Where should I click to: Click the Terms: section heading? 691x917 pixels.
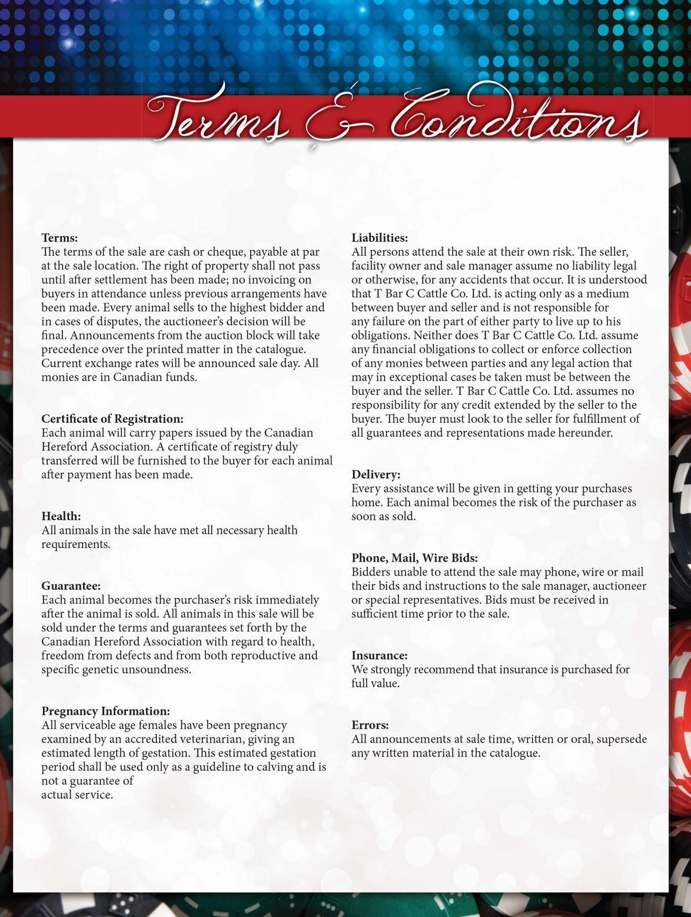59,238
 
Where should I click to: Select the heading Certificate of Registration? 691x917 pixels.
112,419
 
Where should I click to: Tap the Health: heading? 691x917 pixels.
61,516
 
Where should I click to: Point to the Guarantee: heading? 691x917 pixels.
71,586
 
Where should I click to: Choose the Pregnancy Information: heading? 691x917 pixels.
106,711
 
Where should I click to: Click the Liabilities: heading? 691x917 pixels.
379,238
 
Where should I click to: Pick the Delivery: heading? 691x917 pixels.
376,474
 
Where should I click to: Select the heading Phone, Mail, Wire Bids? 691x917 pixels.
414,558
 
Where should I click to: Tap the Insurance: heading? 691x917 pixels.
379,655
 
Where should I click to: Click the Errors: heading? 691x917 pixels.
370,725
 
